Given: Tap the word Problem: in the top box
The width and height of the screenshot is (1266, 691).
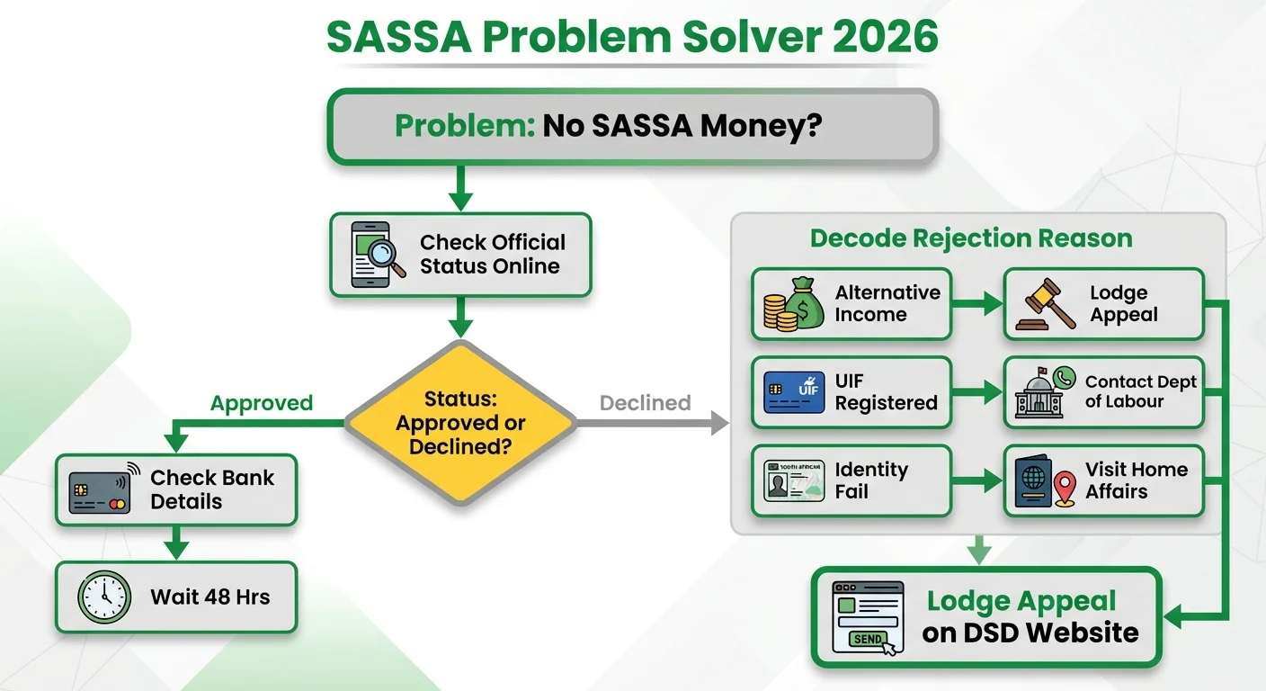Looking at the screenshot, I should pos(465,125).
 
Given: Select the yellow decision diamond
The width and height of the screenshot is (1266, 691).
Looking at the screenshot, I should pos(460,423).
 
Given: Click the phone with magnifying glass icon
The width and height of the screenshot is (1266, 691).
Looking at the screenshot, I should pos(376,255).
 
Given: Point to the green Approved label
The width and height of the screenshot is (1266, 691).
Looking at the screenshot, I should pos(261,403).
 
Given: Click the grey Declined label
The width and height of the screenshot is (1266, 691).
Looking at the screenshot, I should pos(645,403).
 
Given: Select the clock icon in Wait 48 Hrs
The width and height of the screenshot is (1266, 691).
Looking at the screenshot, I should pos(104,597).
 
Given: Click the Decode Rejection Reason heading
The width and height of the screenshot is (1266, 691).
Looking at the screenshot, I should pos(971,238).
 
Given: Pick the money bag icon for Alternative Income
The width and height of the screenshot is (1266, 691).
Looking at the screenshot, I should pos(794,304).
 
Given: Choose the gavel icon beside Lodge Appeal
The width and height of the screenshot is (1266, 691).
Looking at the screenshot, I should pos(1046,305).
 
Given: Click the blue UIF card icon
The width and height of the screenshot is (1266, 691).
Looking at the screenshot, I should pos(794,392).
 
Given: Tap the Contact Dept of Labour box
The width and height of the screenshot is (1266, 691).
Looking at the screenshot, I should pos(1103,392).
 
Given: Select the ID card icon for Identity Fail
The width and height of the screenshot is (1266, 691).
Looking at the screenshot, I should pos(794,480).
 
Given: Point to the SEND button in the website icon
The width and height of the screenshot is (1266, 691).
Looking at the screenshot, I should pos(868,639).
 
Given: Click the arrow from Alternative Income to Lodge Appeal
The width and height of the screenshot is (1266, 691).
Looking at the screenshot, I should pos(977,304).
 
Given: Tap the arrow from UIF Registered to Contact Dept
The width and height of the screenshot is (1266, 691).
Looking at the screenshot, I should pos(977,392).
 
